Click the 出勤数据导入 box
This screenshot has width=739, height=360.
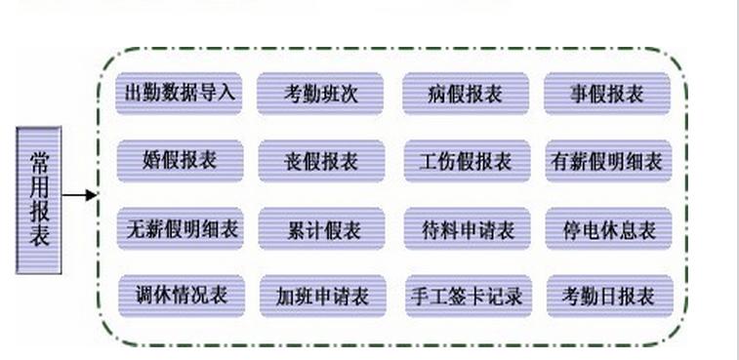pyautogui.click(x=180, y=94)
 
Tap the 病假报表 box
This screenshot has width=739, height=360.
pyautogui.click(x=466, y=94)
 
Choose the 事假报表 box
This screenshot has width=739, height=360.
pyautogui.click(x=607, y=94)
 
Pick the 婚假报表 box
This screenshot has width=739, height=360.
pyautogui.click(x=180, y=161)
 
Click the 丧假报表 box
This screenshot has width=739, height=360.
pyautogui.click(x=321, y=161)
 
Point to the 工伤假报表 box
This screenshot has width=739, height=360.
pyautogui.click(x=467, y=161)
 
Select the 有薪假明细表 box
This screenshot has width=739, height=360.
pyautogui.click(x=607, y=161)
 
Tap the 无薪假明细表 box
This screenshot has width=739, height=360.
pyautogui.click(x=180, y=228)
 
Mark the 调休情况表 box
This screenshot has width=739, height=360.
pyautogui.click(x=181, y=295)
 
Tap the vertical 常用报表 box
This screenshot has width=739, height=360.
pyautogui.click(x=39, y=199)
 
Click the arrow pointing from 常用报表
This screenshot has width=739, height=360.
pyautogui.click(x=80, y=195)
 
